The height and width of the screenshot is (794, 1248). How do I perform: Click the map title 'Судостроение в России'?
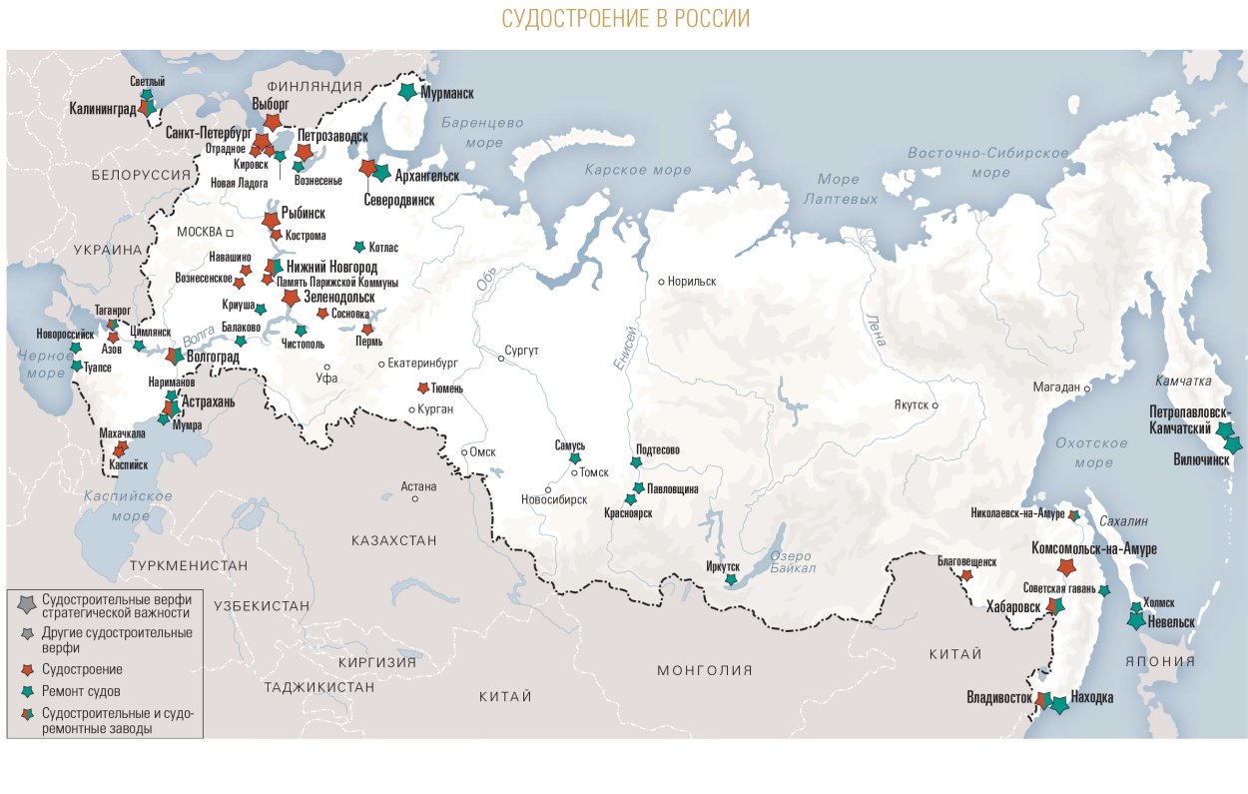(624, 19)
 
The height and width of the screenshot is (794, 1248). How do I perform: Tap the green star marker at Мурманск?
(407, 92)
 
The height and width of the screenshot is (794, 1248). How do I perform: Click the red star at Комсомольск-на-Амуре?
(1066, 567)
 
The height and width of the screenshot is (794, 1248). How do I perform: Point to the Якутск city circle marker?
(936, 405)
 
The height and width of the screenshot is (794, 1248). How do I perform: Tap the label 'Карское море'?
(638, 170)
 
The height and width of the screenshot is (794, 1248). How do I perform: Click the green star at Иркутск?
(731, 579)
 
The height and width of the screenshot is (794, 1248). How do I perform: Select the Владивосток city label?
(998, 697)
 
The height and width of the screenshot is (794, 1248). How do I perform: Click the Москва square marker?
(229, 232)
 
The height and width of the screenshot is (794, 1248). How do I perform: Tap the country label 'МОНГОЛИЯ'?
(704, 670)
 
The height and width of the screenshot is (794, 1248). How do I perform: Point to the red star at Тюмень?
(422, 388)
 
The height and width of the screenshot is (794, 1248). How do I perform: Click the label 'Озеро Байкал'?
(793, 562)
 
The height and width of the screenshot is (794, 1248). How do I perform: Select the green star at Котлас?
(359, 247)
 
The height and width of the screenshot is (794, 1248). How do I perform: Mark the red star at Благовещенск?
(966, 575)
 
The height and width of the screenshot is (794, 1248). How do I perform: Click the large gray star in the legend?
(25, 604)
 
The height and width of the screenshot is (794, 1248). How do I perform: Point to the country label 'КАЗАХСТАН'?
(393, 540)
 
